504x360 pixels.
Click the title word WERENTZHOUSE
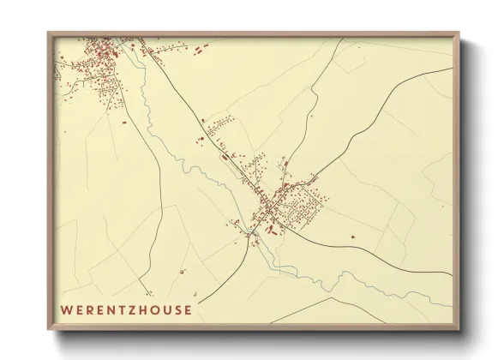coord(126,309)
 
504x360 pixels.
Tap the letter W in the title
coord(66,309)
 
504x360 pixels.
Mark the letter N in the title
coord(107,309)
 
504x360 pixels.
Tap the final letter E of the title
coord(188,309)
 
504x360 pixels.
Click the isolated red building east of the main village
coord(351,234)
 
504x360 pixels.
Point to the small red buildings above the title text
coord(183,272)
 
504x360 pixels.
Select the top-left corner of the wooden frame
coord(48,33)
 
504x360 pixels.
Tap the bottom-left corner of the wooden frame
coord(48,329)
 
